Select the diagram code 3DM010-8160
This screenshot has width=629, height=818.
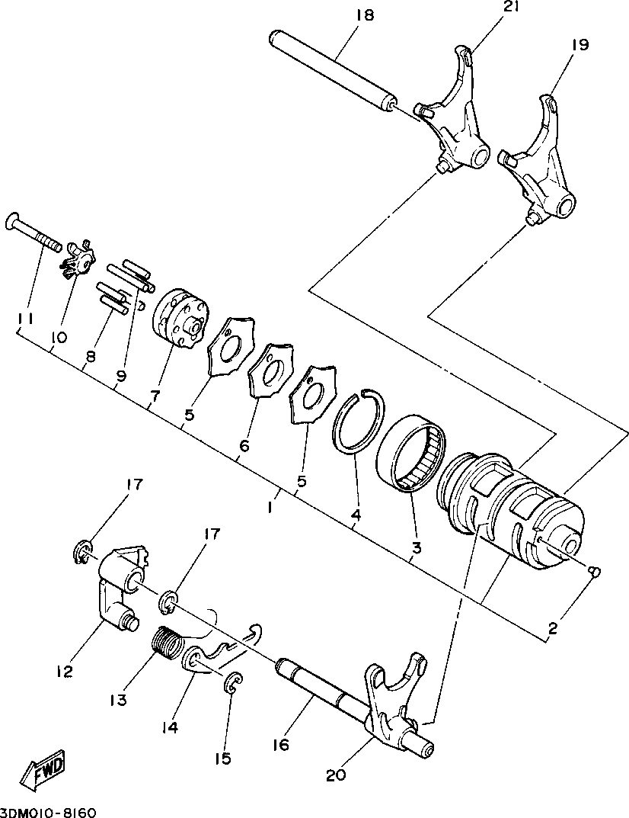pyautogui.click(x=48, y=810)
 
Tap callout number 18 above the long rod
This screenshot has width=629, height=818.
pyautogui.click(x=365, y=15)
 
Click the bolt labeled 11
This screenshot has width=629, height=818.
pyautogui.click(x=34, y=233)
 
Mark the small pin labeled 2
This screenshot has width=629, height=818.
pyautogui.click(x=596, y=571)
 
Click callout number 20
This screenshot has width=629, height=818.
pyautogui.click(x=336, y=775)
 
